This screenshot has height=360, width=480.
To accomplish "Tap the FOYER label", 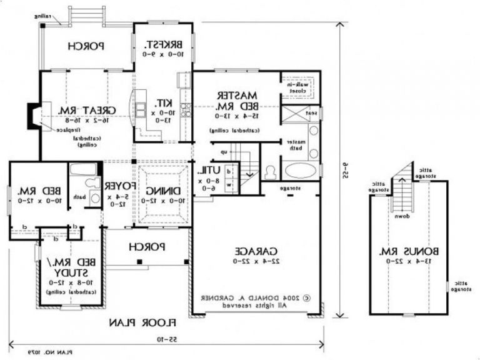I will [x=117, y=186].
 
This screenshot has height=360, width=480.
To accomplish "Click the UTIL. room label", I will [x=207, y=171].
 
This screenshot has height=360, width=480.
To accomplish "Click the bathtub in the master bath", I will [x=301, y=170].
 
